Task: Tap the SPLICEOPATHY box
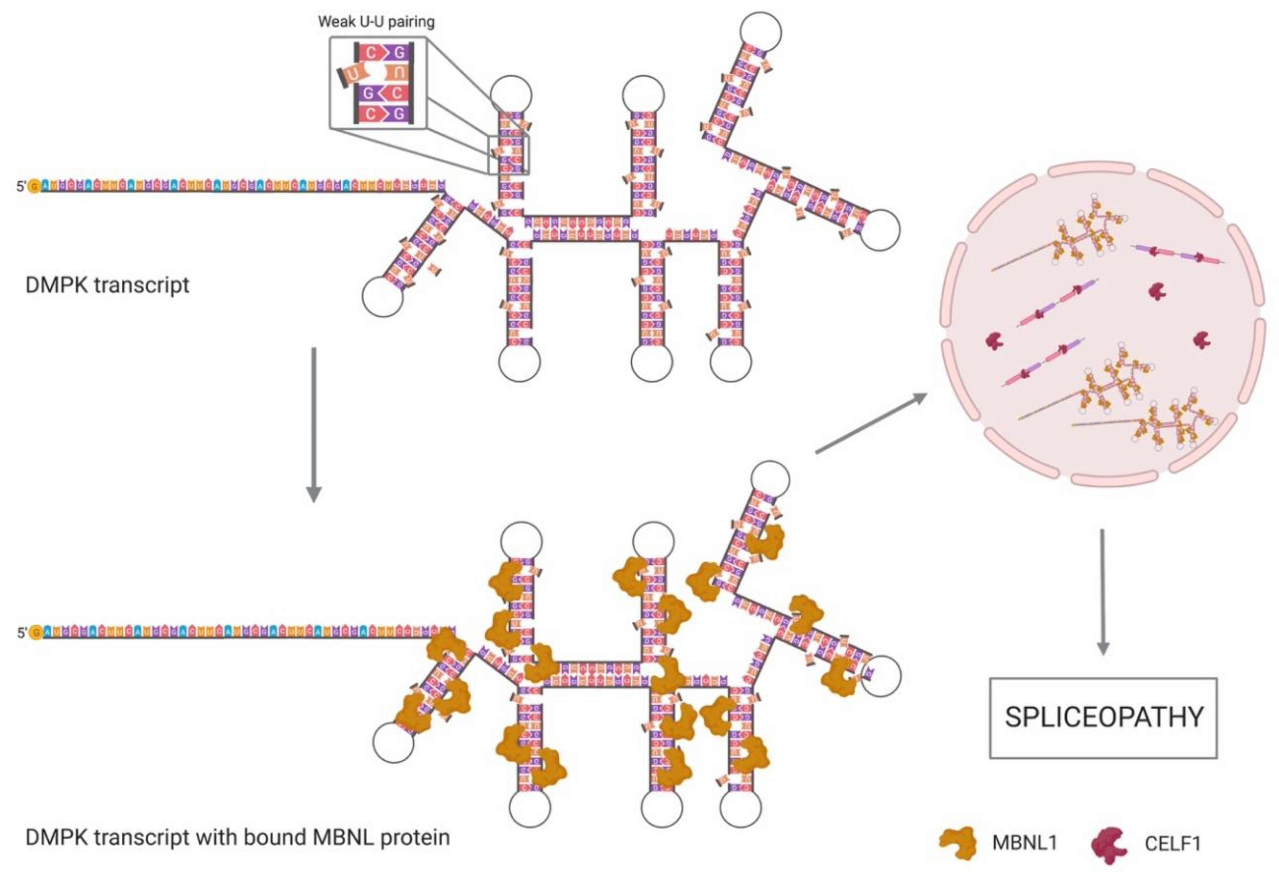coord(1103,717)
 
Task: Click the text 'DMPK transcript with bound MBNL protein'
coord(238,837)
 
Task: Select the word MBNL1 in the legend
coord(1025,842)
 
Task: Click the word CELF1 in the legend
coord(1172,843)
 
